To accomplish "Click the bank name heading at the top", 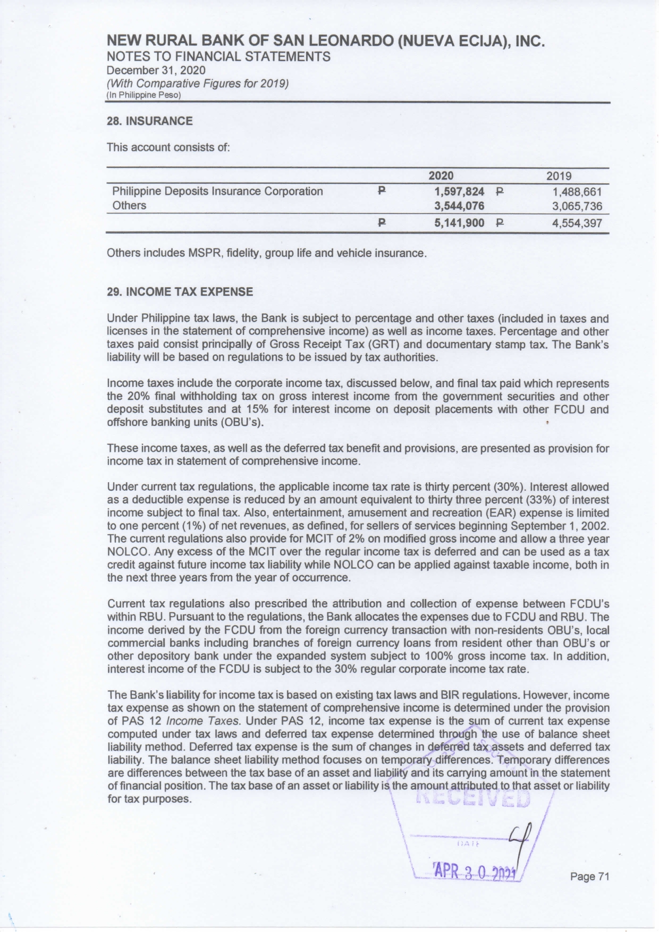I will click(x=326, y=41).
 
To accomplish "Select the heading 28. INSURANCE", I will click(x=150, y=121).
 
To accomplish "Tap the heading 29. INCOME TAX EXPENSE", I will click(x=180, y=292).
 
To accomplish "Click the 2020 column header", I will click(x=441, y=176).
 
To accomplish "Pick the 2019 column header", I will click(x=559, y=176).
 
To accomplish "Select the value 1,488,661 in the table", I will click(x=577, y=192).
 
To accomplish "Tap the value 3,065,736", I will click(x=577, y=206).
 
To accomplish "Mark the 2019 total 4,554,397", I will click(x=577, y=224).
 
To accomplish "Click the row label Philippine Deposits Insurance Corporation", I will click(x=217, y=191).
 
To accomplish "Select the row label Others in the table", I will click(x=129, y=206).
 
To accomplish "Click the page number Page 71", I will click(x=589, y=877).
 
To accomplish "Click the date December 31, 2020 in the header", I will click(x=156, y=70).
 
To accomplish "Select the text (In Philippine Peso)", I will click(x=144, y=95).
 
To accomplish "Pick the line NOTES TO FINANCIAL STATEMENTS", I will click(x=218, y=56).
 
